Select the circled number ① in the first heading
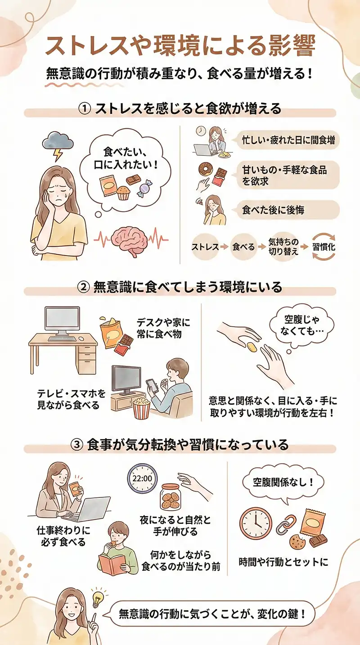(x=85, y=109)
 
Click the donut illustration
(x=206, y=170)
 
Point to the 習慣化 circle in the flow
(x=324, y=247)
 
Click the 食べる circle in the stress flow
(x=243, y=247)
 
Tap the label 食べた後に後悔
(x=273, y=210)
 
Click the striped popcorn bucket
(x=141, y=408)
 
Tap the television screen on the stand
(x=126, y=379)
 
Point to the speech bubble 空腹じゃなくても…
(x=301, y=326)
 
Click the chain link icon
(x=285, y=525)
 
